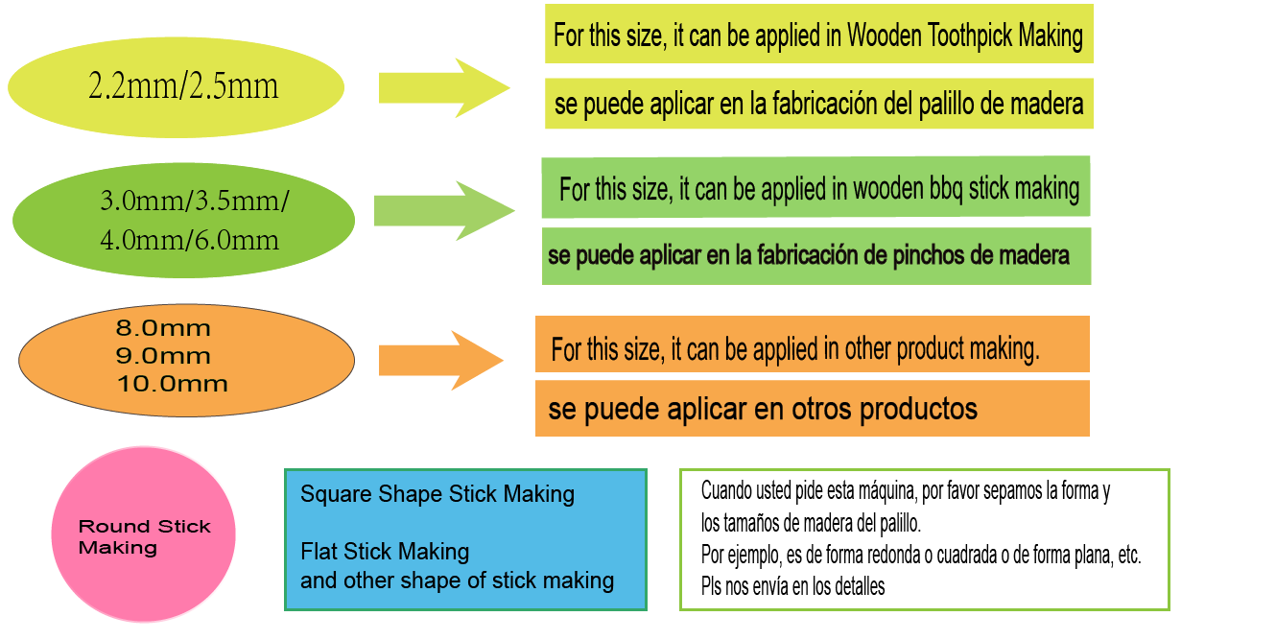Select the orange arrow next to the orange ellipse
(440, 360)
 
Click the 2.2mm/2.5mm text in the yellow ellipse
(183, 87)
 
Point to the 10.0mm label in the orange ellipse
(173, 384)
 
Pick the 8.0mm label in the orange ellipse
(163, 328)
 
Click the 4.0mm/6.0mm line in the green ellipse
(190, 240)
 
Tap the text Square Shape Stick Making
(437, 495)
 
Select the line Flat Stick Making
(385, 552)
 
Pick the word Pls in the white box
(712, 586)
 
